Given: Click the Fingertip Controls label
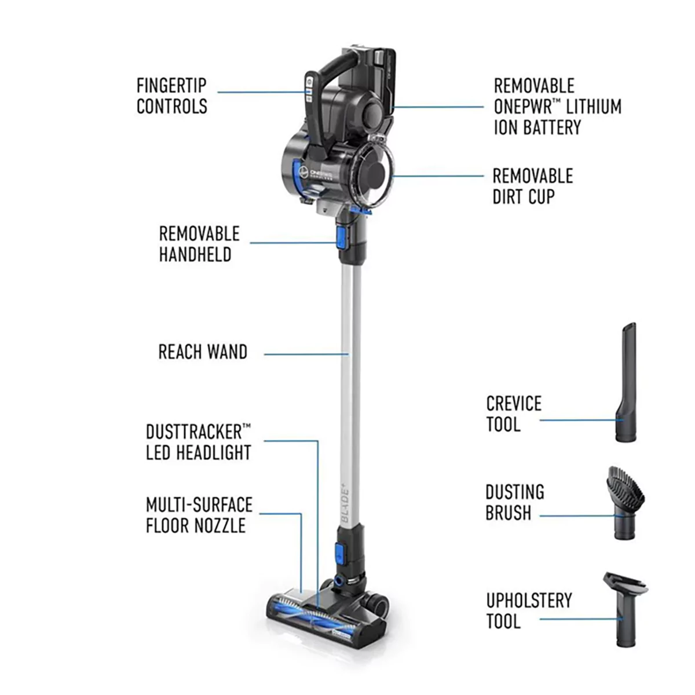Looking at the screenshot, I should pyautogui.click(x=171, y=96).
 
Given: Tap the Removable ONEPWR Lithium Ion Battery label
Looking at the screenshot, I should pyautogui.click(x=557, y=107).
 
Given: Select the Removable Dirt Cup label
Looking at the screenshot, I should pyautogui.click(x=532, y=186).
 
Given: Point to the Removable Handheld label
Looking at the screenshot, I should pyautogui.click(x=199, y=244).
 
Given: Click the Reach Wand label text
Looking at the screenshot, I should pyautogui.click(x=203, y=352).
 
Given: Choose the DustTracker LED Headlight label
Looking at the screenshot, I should pyautogui.click(x=198, y=442).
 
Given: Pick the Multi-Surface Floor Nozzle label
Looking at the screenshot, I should pyautogui.click(x=199, y=515).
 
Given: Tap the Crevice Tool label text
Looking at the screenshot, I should pyautogui.click(x=513, y=414).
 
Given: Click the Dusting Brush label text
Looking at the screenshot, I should pyautogui.click(x=514, y=502).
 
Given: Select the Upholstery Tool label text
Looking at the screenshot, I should pyautogui.click(x=528, y=610).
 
